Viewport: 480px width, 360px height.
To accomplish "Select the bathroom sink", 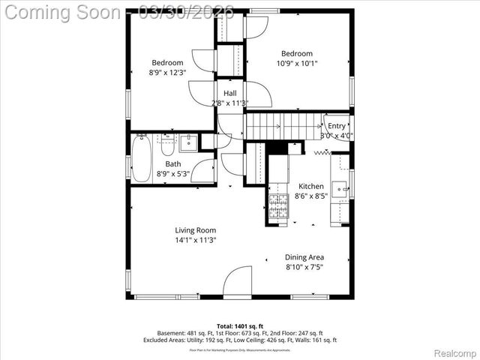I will pos(188,142).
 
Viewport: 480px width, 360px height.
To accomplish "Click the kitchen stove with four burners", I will pos(278,206).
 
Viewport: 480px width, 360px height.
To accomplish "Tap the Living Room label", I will pos(196,230).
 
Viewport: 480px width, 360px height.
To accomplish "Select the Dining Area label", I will pos(304,257).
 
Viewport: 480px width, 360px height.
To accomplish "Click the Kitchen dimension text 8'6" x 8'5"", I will pos(311,196).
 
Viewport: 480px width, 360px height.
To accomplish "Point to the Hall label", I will pos(230,93).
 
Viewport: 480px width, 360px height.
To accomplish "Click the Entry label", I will pos(337,126).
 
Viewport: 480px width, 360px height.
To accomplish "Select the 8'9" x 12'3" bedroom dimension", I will pos(167,72).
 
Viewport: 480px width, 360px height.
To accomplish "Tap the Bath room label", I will pos(173,163).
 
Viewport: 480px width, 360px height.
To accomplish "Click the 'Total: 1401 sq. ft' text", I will pos(240,326).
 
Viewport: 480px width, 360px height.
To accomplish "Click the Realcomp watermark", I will pos(455,352).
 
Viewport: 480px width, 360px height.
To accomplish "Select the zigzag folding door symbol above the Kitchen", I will pos(322,152).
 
